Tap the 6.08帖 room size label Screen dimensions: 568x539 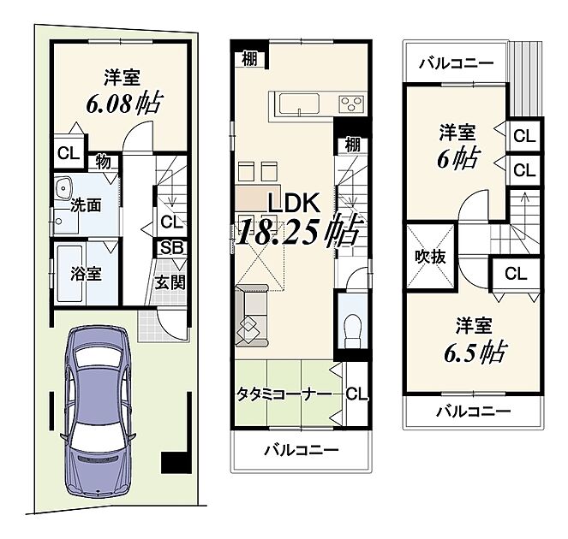click(123, 104)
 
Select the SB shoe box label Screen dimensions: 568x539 click(172, 248)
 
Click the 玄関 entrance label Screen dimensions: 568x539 click(170, 282)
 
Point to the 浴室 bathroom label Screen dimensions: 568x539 click(86, 274)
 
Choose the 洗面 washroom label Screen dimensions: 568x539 click(86, 205)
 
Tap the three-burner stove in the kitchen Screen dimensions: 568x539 click(351, 104)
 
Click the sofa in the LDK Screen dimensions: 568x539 click(252, 315)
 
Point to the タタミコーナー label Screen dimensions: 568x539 click(284, 394)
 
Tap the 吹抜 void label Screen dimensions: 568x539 click(430, 257)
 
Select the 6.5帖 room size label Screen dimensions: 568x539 click(474, 352)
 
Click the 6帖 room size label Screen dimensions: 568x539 click(458, 158)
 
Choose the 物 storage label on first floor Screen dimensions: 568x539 click(104, 163)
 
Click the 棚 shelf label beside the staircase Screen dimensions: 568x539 click(352, 145)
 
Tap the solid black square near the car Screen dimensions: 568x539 click(176, 463)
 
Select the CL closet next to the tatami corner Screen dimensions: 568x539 click(356, 394)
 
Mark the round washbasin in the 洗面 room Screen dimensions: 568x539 click(64, 187)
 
